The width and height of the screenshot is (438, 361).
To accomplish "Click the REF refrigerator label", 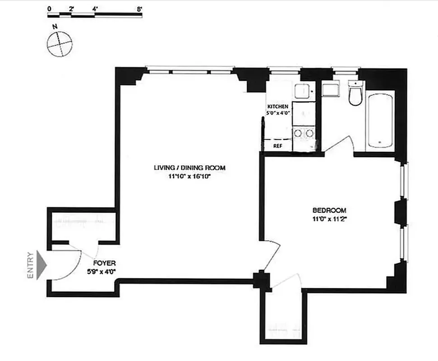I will [277, 146].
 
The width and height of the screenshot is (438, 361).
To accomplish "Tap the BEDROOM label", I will [329, 210].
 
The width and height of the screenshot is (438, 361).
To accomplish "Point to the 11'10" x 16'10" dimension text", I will [189, 176].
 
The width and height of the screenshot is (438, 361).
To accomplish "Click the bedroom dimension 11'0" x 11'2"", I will [329, 219].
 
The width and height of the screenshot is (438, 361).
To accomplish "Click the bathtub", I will [380, 120].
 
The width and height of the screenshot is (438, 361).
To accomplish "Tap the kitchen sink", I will [302, 92].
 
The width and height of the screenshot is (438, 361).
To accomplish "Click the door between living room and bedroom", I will [272, 255].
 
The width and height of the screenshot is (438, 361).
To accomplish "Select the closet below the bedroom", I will [282, 316].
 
